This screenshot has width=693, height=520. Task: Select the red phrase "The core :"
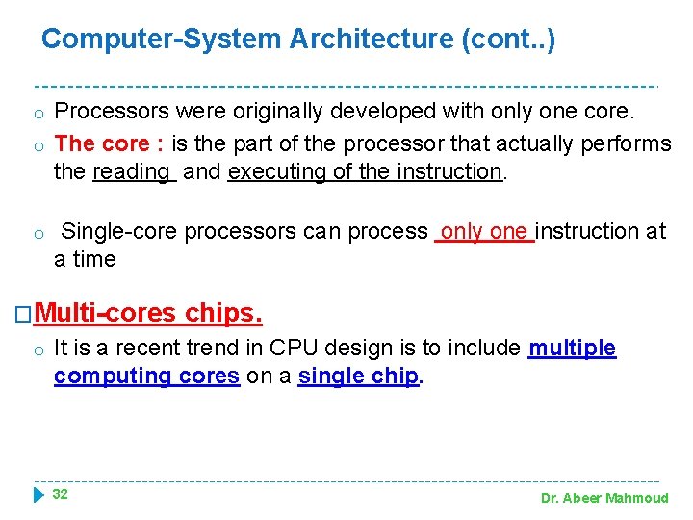pyautogui.click(x=109, y=144)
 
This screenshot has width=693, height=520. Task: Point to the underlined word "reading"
pyautogui.click(x=131, y=172)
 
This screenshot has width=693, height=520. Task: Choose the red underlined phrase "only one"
pyautogui.click(x=484, y=232)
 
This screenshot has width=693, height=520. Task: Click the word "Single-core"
pyautogui.click(x=119, y=232)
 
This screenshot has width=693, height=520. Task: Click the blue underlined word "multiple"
pyautogui.click(x=572, y=349)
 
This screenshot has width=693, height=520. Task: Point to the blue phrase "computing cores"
pyautogui.click(x=146, y=377)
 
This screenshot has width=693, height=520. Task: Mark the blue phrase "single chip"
pyautogui.click(x=359, y=377)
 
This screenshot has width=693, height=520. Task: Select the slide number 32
pyautogui.click(x=60, y=494)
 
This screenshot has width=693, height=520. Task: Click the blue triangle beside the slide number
pyautogui.click(x=38, y=495)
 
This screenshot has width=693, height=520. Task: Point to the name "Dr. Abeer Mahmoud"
pyautogui.click(x=603, y=498)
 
